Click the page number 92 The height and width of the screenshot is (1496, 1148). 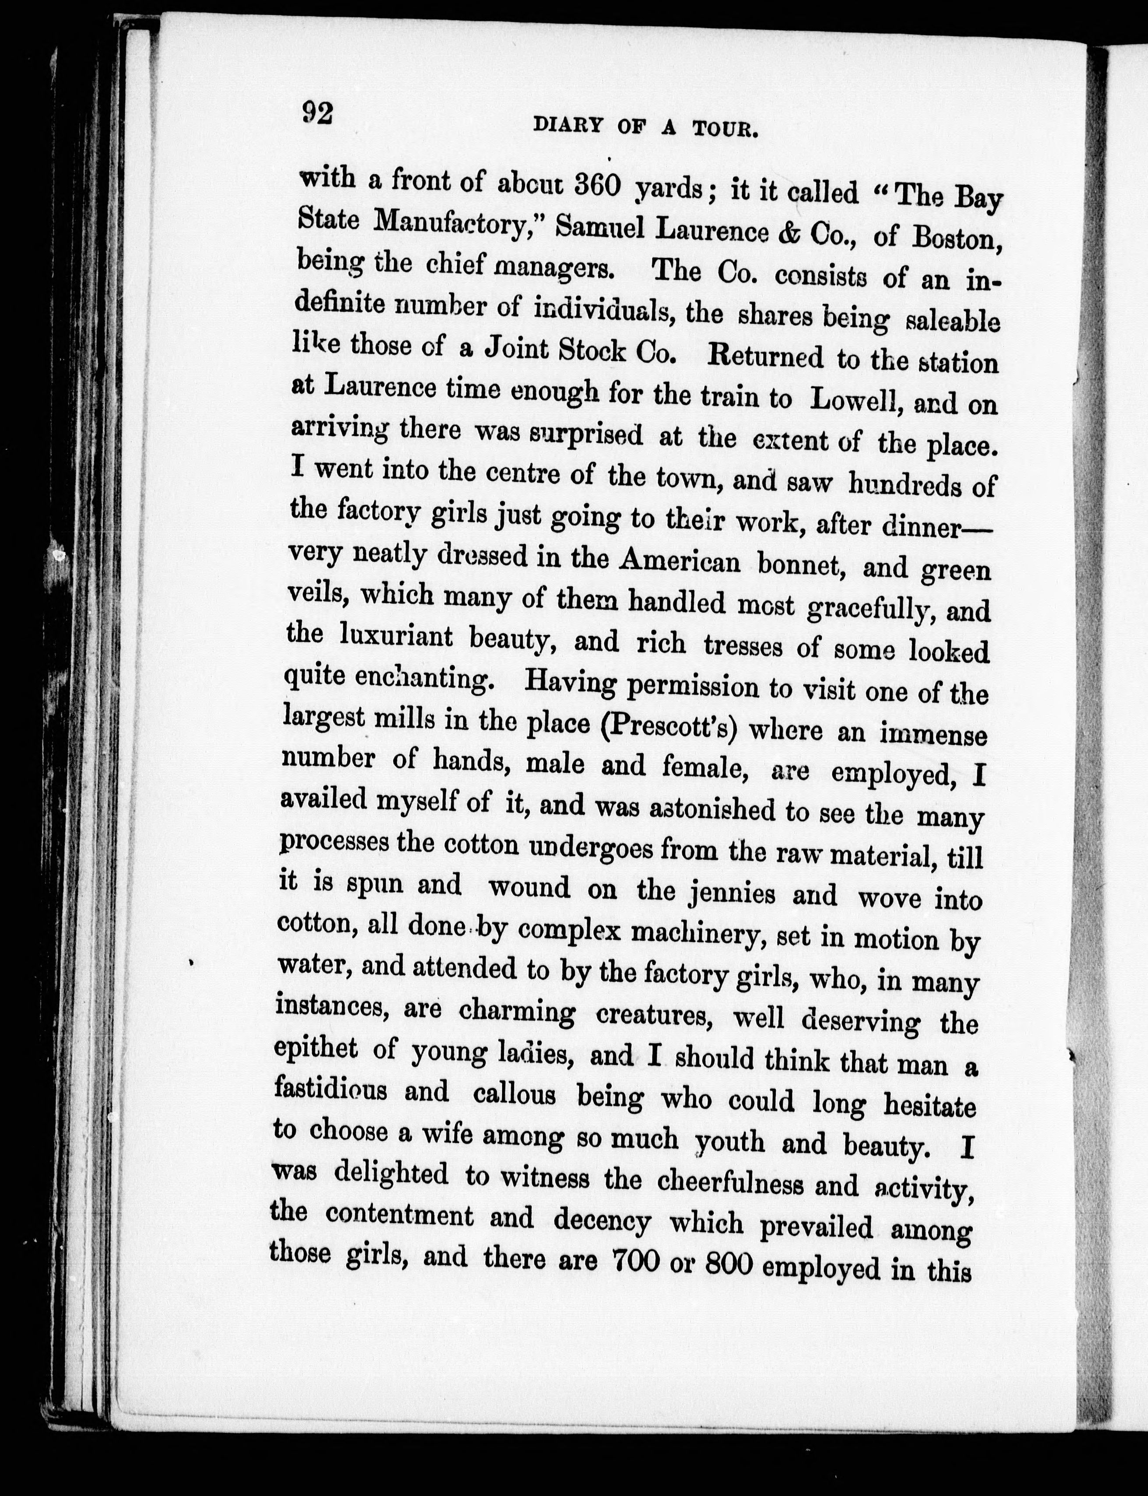pos(317,113)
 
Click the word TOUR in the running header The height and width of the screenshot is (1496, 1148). pos(725,129)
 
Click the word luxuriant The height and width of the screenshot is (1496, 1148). pos(396,637)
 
